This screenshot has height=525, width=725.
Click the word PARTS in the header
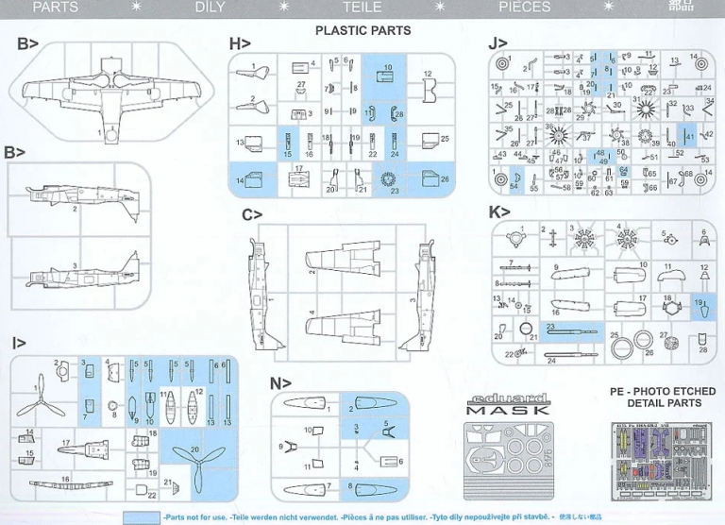pyautogui.click(x=56, y=8)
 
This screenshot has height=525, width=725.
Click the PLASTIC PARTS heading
pyautogui.click(x=362, y=30)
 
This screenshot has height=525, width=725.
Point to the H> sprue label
pyautogui.click(x=239, y=43)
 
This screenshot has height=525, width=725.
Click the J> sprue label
pyautogui.click(x=497, y=43)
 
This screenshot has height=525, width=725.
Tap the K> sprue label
pyautogui.click(x=498, y=212)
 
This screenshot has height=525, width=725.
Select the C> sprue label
pyautogui.click(x=251, y=215)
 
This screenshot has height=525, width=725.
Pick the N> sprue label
pyautogui.click(x=278, y=383)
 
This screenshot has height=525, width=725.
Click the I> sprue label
pyautogui.click(x=19, y=344)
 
